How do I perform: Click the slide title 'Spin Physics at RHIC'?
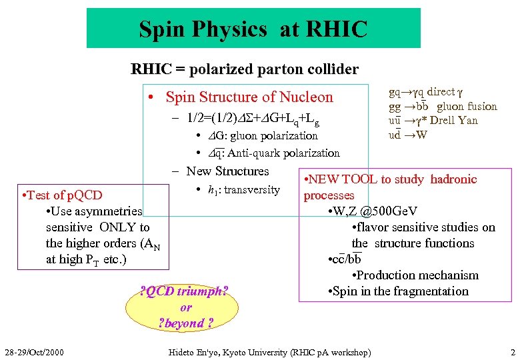click(253, 29)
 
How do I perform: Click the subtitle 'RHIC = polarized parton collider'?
click(245, 69)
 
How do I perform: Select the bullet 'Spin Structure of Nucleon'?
click(249, 97)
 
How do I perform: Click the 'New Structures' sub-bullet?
click(227, 171)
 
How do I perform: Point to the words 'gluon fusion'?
click(467, 107)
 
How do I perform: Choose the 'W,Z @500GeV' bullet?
click(377, 211)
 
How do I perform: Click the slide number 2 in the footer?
click(512, 351)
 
